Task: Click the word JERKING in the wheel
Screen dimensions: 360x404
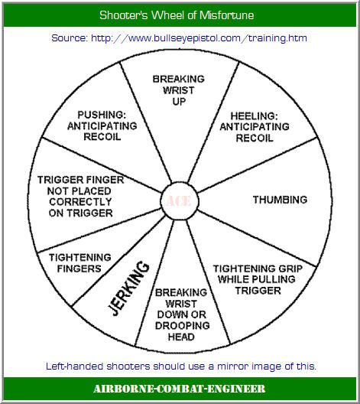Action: point(128,288)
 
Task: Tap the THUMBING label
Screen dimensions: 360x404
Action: point(280,200)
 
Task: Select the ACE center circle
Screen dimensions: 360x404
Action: point(180,201)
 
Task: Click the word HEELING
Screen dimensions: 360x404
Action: point(254,116)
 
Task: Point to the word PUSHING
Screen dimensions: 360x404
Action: point(102,115)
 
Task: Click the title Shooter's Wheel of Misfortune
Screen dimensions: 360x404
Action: point(177,15)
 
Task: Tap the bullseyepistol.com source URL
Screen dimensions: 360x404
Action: point(199,38)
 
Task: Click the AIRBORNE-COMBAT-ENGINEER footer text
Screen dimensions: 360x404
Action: point(180,389)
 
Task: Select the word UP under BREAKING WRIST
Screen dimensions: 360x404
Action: point(179,102)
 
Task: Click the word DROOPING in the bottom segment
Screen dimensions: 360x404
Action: point(183,326)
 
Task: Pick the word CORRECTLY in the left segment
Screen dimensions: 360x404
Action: point(80,202)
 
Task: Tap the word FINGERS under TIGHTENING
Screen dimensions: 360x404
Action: point(79,269)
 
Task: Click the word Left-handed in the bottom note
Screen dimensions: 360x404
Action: point(75,366)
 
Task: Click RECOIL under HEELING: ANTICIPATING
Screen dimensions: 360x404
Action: point(255,138)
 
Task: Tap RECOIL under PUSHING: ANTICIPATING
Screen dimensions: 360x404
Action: point(102,137)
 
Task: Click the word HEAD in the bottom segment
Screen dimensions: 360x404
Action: point(181,337)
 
